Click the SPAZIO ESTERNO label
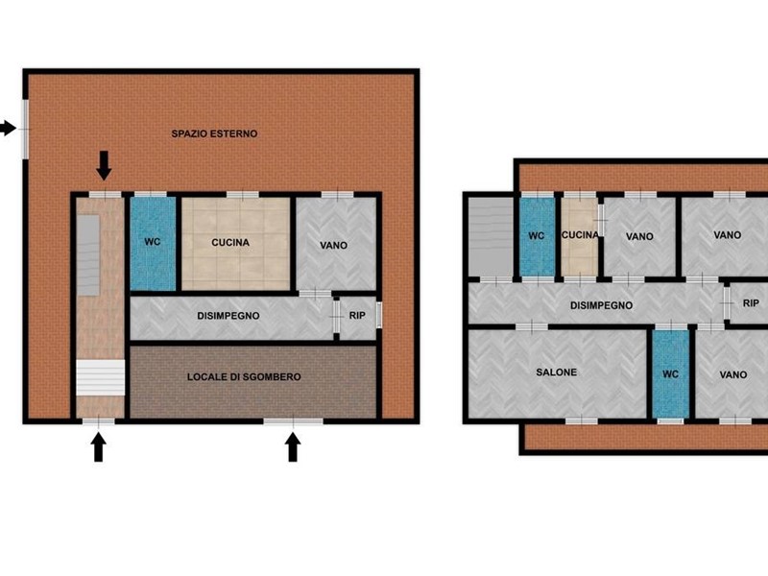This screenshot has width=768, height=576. [214, 133]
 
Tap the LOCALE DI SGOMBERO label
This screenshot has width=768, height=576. [244, 376]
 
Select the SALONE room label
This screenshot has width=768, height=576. [557, 372]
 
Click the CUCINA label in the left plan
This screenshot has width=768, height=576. [230, 243]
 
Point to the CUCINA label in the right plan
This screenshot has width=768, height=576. [580, 235]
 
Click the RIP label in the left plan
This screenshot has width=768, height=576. [357, 316]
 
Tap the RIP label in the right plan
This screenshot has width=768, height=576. [751, 303]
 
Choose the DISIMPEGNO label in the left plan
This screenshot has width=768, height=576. [228, 316]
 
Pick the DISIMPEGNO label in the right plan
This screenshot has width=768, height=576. [602, 305]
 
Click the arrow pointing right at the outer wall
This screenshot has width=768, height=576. [8, 129]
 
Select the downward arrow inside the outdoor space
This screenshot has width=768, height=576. [104, 165]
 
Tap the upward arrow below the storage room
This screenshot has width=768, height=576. [293, 447]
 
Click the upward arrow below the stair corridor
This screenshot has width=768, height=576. [99, 447]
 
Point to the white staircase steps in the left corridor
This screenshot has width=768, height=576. [100, 377]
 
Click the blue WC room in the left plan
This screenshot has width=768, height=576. [153, 244]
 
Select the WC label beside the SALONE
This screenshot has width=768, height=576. [670, 374]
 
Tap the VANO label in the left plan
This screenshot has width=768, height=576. [333, 245]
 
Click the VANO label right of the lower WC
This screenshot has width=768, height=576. [733, 374]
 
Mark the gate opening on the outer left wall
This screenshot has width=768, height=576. [26, 129]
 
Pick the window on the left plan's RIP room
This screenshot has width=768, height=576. [378, 315]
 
